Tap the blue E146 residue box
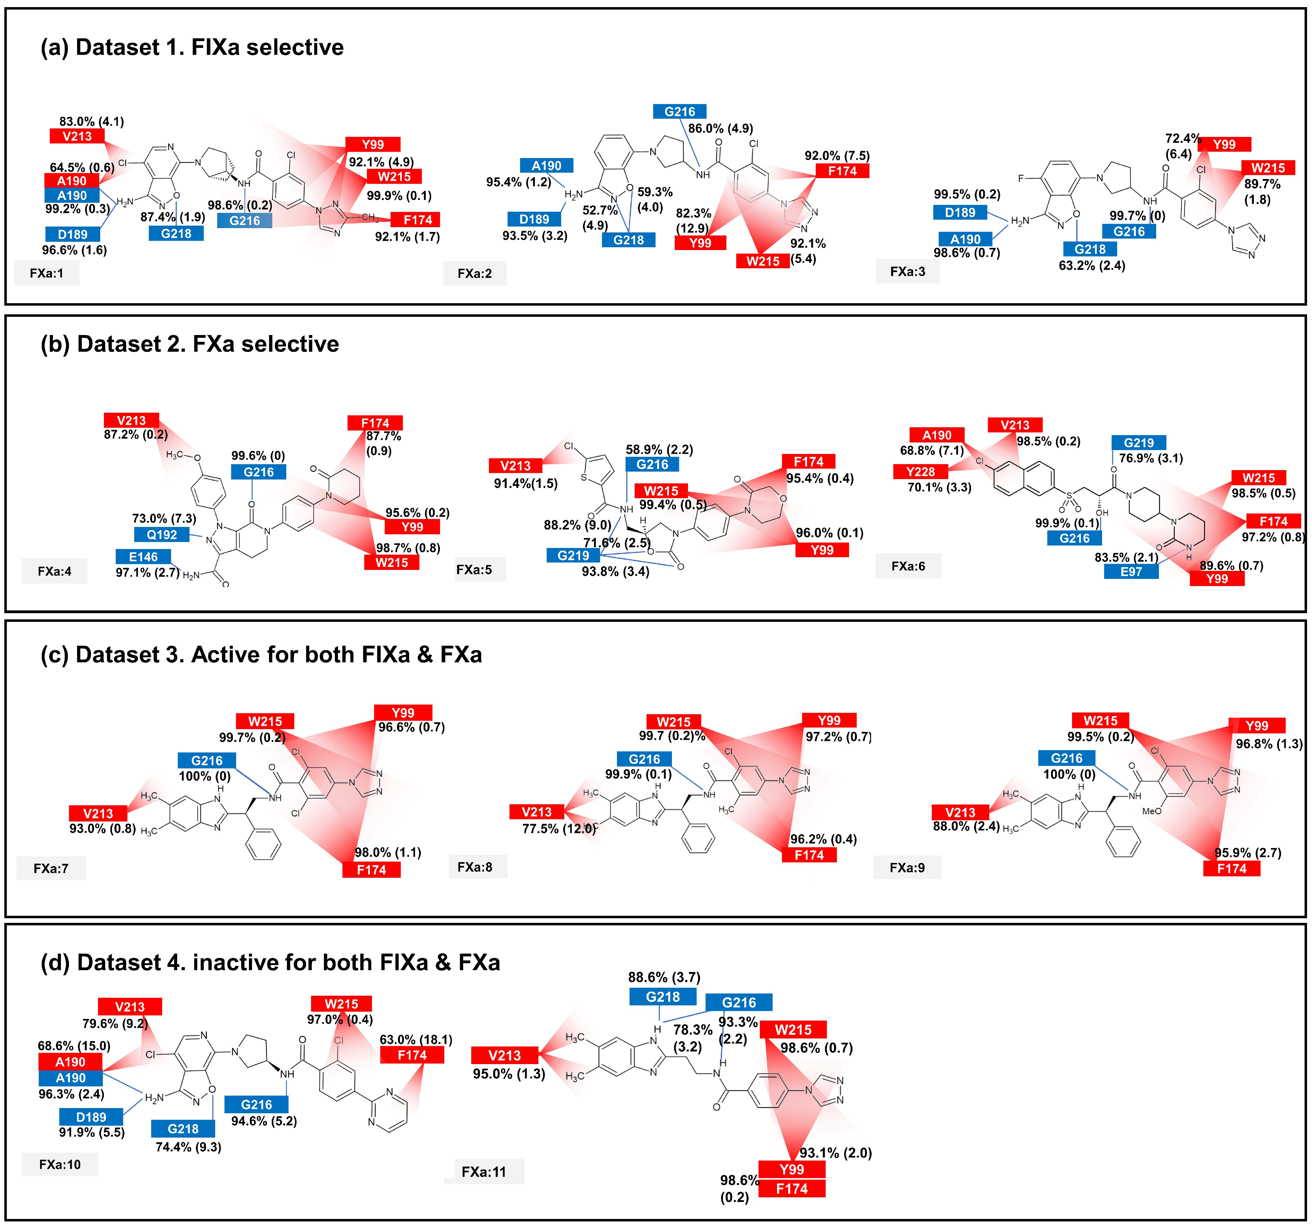coord(143,557)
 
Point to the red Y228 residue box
coord(920,472)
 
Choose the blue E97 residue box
coord(1130,571)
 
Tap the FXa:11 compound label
coord(484,1172)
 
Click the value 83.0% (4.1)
coord(92,121)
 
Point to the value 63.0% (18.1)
coord(416,1040)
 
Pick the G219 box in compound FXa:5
coord(573,555)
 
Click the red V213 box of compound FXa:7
coord(98,813)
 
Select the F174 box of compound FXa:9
coord(1232,868)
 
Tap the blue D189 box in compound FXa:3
coord(959,212)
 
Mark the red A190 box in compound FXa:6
coord(937,435)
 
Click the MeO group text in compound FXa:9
coord(1152,811)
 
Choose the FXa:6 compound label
coord(908,566)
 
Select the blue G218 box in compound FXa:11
coord(663,997)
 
